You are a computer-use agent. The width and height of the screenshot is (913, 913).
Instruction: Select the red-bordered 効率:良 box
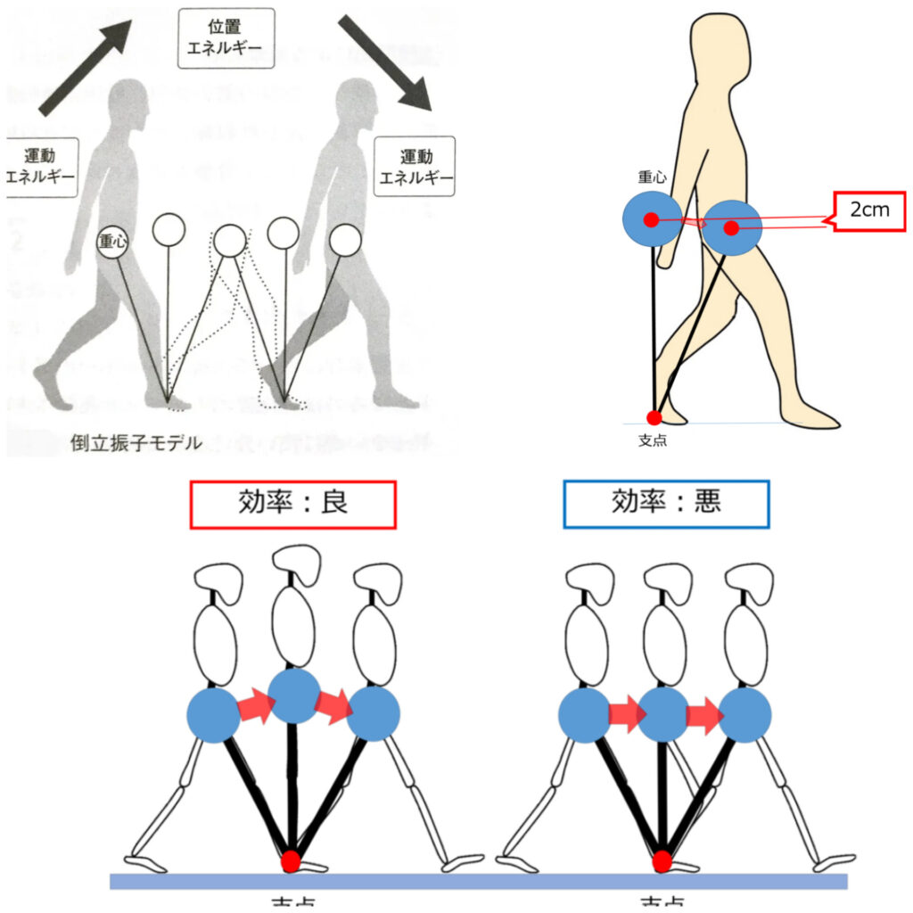click(292, 505)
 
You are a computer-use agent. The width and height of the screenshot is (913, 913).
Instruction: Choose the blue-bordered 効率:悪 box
click(665, 505)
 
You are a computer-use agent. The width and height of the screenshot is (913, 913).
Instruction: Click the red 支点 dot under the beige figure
click(654, 417)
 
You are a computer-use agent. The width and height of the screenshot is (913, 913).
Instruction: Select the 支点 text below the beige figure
click(654, 440)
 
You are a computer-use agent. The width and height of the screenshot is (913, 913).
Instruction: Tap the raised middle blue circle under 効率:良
click(293, 696)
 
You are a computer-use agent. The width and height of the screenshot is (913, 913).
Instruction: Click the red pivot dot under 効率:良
click(291, 862)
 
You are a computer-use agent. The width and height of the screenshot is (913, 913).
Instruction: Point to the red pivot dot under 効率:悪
click(662, 861)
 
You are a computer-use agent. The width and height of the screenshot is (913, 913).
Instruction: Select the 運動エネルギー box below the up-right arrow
click(41, 166)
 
